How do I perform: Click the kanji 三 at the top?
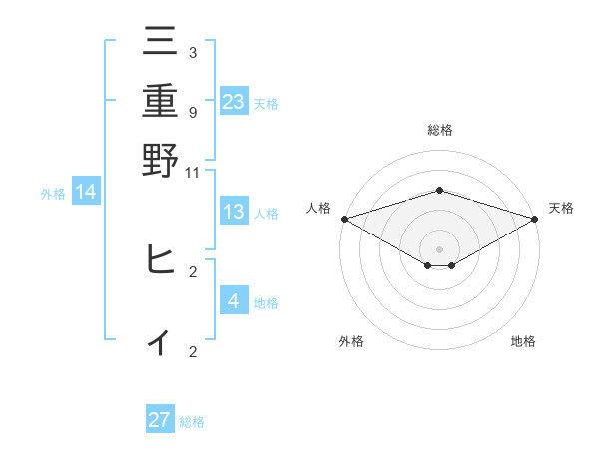pyautogui.click(x=160, y=41)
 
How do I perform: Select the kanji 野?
pyautogui.click(x=160, y=159)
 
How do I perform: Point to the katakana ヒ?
pyautogui.click(x=160, y=259)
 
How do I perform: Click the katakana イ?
pyautogui.click(x=160, y=341)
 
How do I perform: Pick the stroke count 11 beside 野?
pyautogui.click(x=192, y=172)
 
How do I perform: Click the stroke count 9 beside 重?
pyautogui.click(x=192, y=112)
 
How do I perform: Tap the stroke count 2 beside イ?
pyautogui.click(x=192, y=351)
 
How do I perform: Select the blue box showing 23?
pyautogui.click(x=234, y=101)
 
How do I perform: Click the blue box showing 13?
pyautogui.click(x=234, y=212)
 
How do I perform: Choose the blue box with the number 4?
pyautogui.click(x=234, y=300)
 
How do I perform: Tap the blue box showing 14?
pyautogui.click(x=86, y=192)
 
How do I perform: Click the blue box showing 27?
pyautogui.click(x=160, y=420)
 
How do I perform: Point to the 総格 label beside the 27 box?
pyautogui.click(x=192, y=422)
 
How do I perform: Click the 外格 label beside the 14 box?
pyautogui.click(x=53, y=194)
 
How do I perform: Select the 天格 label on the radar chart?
pyautogui.click(x=561, y=208)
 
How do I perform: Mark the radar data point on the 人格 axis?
pyautogui.click(x=344, y=218)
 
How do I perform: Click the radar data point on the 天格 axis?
pyautogui.click(x=535, y=218)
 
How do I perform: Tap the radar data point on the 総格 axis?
pyautogui.click(x=440, y=190)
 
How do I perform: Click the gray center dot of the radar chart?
pyautogui.click(x=440, y=248)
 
